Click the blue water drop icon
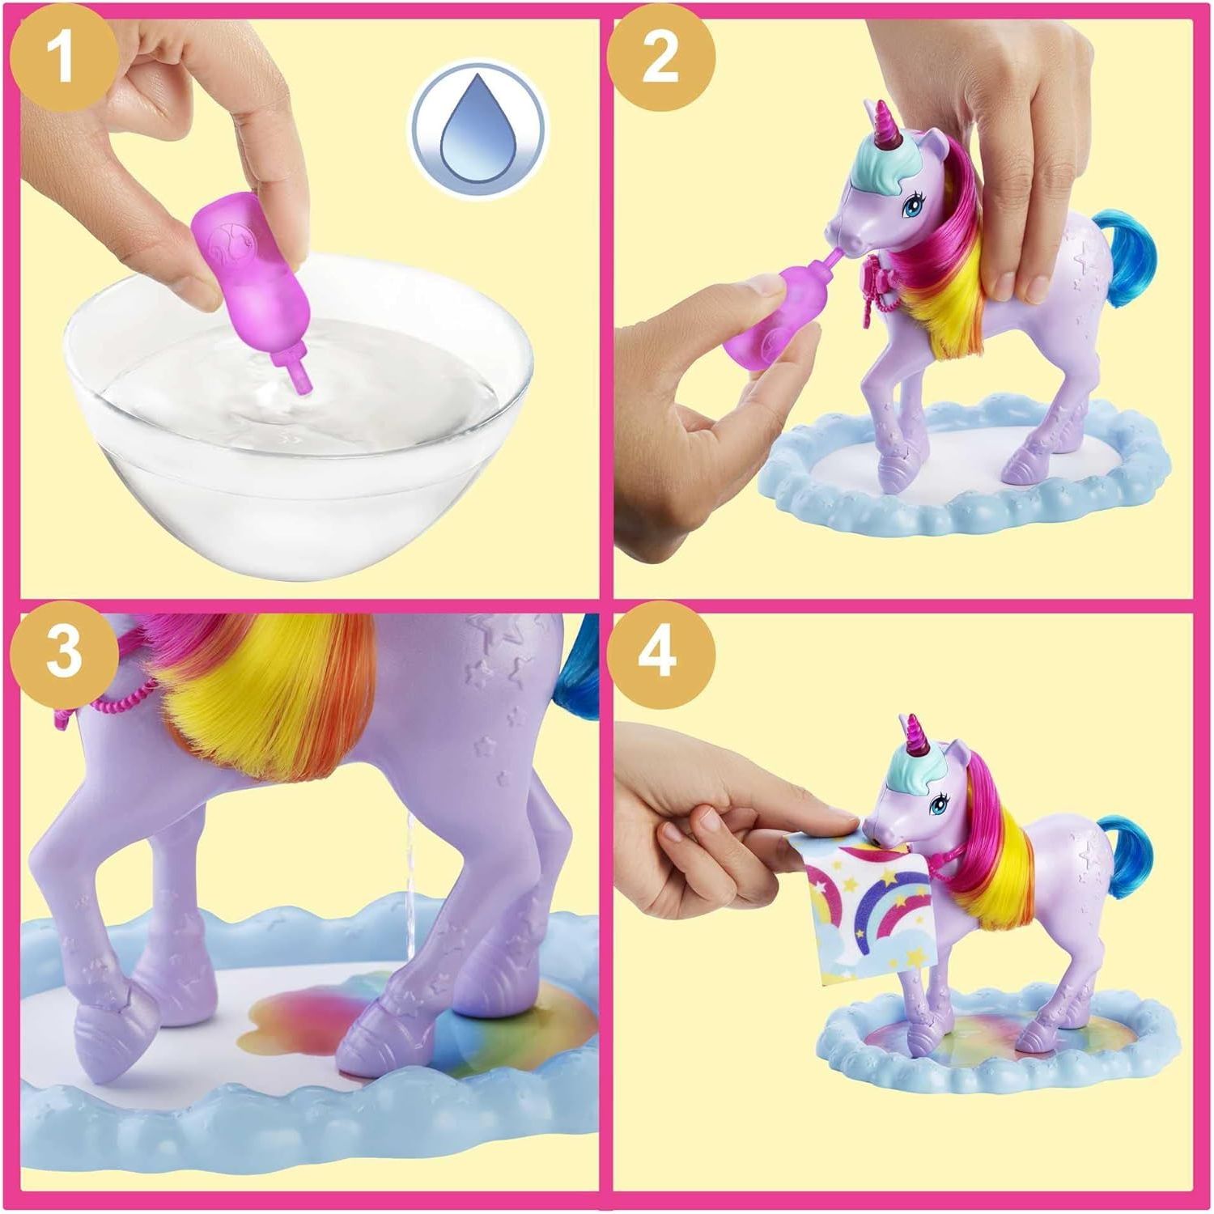point(478,128)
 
